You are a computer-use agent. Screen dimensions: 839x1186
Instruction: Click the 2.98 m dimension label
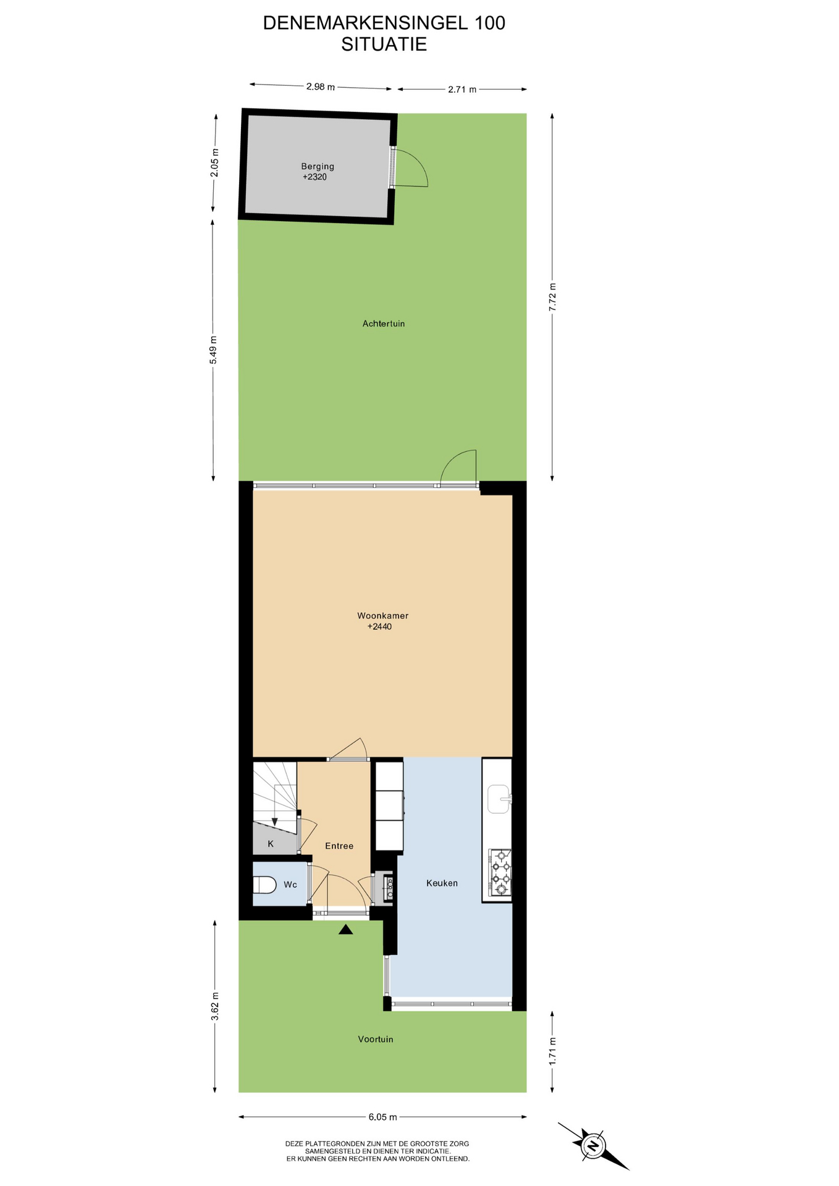[x=320, y=87]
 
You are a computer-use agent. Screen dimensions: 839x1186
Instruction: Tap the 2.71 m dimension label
[x=462, y=90]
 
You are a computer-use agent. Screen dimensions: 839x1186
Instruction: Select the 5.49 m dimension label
[x=214, y=350]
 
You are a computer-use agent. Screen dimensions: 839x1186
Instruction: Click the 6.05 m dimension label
[x=382, y=1117]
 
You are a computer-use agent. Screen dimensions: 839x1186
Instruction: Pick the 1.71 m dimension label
[x=553, y=1050]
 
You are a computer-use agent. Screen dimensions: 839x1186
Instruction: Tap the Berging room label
[x=318, y=166]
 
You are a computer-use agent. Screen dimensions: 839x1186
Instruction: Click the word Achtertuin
[x=384, y=324]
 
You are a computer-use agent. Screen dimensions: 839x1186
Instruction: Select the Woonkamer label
[x=383, y=616]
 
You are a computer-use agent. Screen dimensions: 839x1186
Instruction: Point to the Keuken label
[x=442, y=883]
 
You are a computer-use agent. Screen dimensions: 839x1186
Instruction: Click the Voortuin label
[x=376, y=1040]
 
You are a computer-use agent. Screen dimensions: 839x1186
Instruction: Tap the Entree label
[x=339, y=846]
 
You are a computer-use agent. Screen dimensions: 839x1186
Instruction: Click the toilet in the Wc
[x=264, y=885]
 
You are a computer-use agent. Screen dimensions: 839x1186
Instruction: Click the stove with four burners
[x=500, y=872]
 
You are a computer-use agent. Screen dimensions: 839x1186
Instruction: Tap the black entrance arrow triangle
[x=345, y=929]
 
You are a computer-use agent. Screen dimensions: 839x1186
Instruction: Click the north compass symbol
[x=594, y=1146]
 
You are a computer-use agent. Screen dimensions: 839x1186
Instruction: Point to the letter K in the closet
[x=271, y=844]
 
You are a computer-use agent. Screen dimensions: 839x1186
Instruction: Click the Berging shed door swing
[x=411, y=167]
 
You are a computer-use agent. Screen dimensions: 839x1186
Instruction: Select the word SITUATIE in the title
[x=384, y=44]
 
